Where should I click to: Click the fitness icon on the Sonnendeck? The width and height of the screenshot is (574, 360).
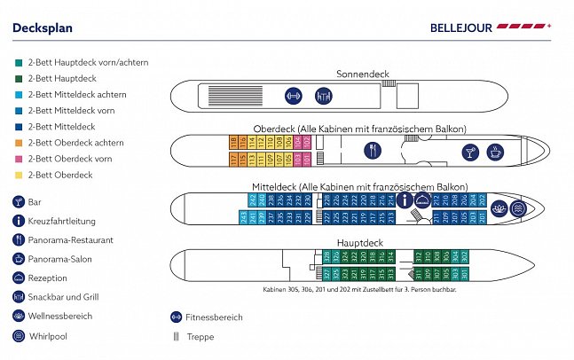[x=294, y=95]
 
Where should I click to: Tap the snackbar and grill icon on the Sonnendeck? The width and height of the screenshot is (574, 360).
[x=321, y=95]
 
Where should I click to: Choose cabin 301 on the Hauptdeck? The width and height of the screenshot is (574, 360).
[x=463, y=271]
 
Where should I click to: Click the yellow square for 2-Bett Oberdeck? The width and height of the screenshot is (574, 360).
[x=18, y=176]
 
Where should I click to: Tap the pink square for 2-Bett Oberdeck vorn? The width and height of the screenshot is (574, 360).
[x=18, y=160]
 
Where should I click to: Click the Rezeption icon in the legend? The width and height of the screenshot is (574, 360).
[x=19, y=278]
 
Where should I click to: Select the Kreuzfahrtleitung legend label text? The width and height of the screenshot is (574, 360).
[x=63, y=221]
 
